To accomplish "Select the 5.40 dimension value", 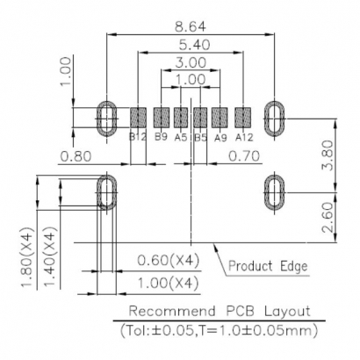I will tap(190, 44).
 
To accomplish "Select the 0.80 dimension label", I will tap(77, 157).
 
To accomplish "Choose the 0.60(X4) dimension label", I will tap(166, 261).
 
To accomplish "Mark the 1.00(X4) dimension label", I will tap(166, 282).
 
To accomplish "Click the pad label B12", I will tap(137, 137).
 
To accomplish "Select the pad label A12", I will tap(244, 137).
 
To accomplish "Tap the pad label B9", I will tap(161, 137).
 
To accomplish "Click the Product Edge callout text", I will tap(268, 265).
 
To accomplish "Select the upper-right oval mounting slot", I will tap(275, 116).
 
